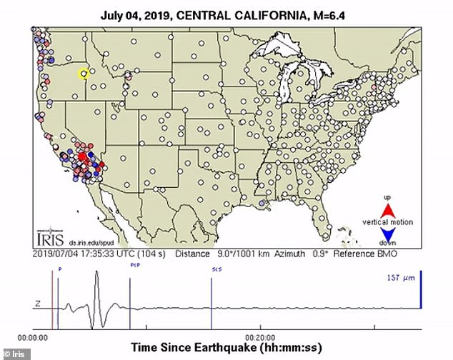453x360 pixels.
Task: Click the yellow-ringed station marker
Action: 84,73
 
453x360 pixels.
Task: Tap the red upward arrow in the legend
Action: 388,209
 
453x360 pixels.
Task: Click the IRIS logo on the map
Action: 47,239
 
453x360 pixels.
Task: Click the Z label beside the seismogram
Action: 37,304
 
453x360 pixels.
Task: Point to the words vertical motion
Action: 388,222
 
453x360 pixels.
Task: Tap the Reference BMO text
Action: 371,254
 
